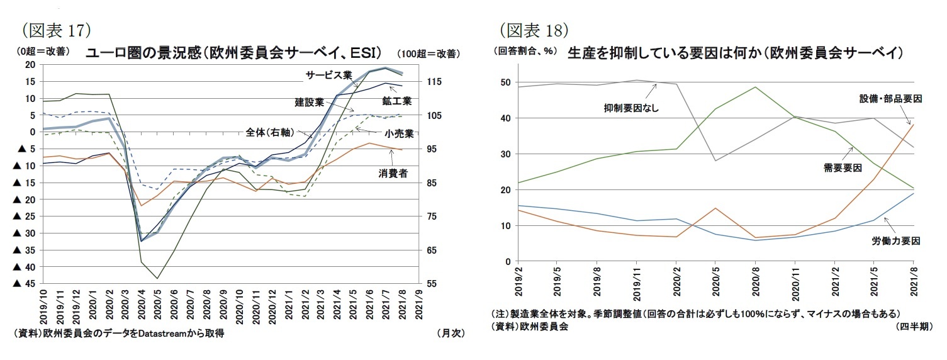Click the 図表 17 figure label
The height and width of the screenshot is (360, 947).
pyautogui.click(x=57, y=29)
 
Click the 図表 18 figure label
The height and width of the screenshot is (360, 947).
pyautogui.click(x=535, y=29)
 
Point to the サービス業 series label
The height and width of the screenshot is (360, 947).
pyautogui.click(x=328, y=75)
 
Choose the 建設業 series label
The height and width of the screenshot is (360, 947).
pyautogui.click(x=309, y=101)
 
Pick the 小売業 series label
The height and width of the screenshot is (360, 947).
pyautogui.click(x=400, y=133)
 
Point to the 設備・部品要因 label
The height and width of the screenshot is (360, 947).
pyautogui.click(x=890, y=99)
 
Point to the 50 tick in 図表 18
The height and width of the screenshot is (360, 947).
pyautogui.click(x=505, y=82)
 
